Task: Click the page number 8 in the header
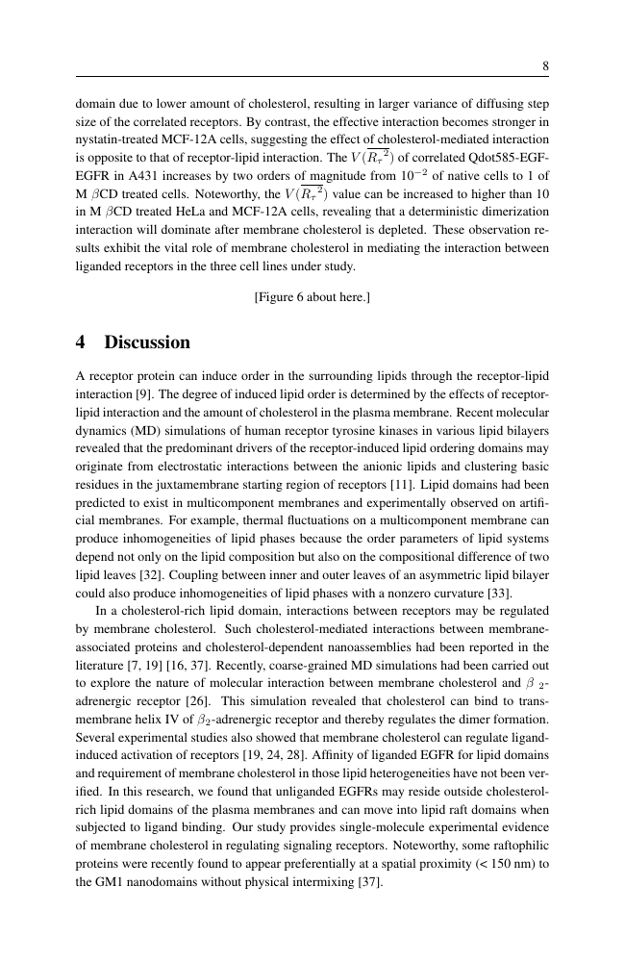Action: pyautogui.click(x=545, y=66)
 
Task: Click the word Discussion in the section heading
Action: pyautogui.click(x=147, y=342)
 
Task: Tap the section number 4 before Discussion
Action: pyautogui.click(x=82, y=342)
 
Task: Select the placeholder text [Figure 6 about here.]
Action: pyautogui.click(x=312, y=297)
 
